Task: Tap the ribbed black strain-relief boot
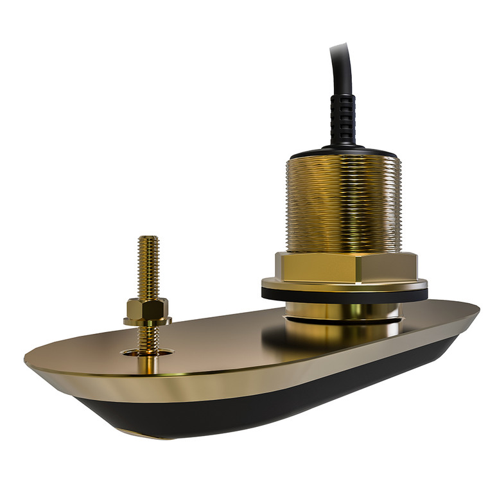(343, 119)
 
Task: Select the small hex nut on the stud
(147, 309)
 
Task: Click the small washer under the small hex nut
(147, 321)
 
